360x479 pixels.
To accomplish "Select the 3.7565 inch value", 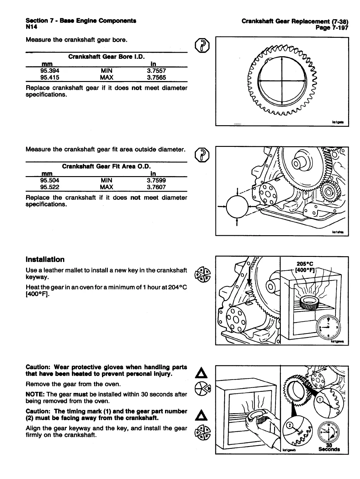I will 156,77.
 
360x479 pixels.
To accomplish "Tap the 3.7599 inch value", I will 156,180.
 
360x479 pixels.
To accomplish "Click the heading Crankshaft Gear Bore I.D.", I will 106,57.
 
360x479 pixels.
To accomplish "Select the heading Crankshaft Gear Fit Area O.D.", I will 106,167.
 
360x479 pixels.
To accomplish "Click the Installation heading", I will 45,260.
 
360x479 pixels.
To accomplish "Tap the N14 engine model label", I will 31,27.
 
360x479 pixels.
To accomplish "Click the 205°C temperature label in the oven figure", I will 305,264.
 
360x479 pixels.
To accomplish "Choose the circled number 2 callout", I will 290,424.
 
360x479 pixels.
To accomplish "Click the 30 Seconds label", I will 329,447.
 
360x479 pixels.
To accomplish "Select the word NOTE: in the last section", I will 34,394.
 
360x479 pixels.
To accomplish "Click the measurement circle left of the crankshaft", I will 237,206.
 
